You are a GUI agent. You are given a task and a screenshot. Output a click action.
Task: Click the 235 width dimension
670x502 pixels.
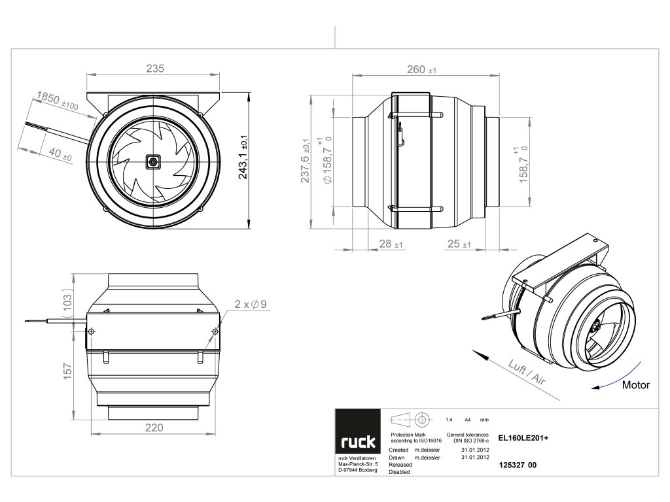click(154, 68)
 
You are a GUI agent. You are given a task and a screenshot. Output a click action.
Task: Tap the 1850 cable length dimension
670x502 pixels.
click(58, 100)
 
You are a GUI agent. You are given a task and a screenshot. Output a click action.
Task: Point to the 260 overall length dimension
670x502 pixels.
click(421, 69)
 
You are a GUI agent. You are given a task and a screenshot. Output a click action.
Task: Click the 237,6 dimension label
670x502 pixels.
click(305, 161)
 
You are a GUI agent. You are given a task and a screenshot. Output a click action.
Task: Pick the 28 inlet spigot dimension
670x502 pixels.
click(391, 244)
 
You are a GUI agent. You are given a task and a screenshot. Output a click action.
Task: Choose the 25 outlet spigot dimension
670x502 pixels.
click(459, 244)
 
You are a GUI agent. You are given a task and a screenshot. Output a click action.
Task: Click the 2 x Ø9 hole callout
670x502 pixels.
click(251, 304)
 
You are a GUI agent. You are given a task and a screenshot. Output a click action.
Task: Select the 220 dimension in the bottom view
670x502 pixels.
click(154, 427)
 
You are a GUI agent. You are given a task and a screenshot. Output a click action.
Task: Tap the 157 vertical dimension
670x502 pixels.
click(67, 371)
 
